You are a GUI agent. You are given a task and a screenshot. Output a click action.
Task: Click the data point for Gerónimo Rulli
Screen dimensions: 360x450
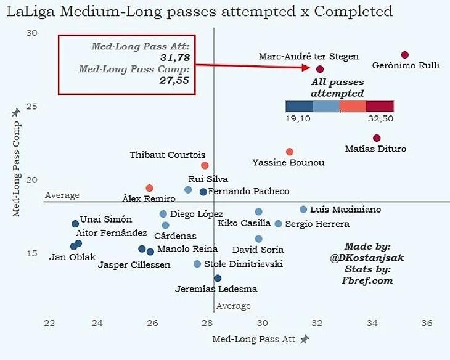[x=405, y=55]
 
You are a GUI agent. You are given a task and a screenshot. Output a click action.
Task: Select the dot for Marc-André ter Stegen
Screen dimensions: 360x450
[x=320, y=69]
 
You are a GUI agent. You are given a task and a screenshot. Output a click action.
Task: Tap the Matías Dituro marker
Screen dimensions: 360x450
[x=377, y=138]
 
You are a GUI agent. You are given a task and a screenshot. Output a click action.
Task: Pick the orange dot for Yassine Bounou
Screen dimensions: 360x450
[x=290, y=152]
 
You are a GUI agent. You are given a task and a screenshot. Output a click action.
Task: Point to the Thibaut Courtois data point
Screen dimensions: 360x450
[x=205, y=165]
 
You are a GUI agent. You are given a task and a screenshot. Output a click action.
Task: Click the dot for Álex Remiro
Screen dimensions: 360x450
[x=149, y=188]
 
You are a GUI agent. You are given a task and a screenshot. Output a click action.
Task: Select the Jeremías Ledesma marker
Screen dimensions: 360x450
[x=218, y=278]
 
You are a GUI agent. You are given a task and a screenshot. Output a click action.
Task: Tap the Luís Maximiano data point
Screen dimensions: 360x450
[x=303, y=210]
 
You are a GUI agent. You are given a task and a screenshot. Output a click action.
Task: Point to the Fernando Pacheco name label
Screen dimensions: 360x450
[x=248, y=192]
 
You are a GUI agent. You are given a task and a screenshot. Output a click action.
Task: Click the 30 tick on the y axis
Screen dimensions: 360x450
[x=32, y=33]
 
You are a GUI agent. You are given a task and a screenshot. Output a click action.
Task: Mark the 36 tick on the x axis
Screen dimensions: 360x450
[x=427, y=324]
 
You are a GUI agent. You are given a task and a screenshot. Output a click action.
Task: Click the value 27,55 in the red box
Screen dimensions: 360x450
[x=174, y=80]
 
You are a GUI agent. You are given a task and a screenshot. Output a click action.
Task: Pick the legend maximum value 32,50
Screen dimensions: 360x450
[x=381, y=118]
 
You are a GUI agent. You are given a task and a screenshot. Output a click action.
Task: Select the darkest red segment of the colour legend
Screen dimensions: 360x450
[x=380, y=106]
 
